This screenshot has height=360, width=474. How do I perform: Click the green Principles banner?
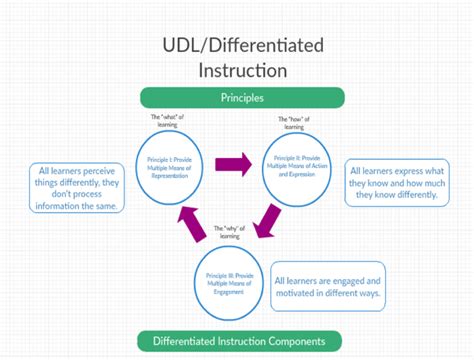point(241,98)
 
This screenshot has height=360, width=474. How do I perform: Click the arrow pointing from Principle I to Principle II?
point(236,161)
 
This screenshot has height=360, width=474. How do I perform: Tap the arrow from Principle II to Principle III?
point(268,220)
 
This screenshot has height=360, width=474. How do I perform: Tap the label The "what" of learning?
point(167,120)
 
